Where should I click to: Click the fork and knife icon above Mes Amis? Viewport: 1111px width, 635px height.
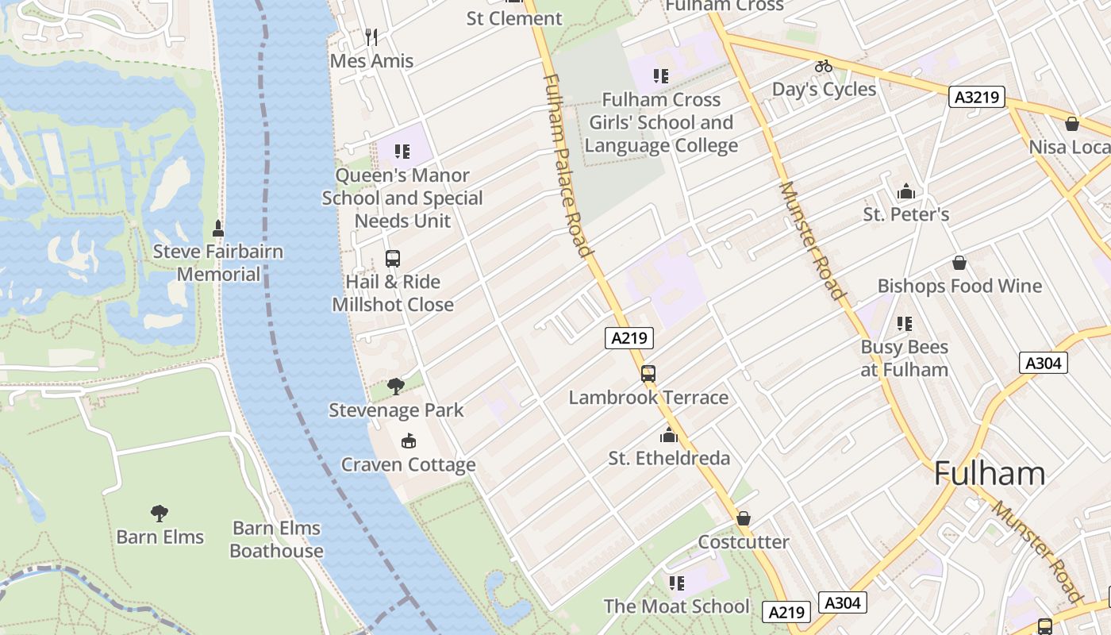[x=371, y=37]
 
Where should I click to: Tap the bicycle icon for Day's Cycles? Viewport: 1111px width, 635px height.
[x=824, y=66]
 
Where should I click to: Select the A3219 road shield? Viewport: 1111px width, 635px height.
[x=977, y=98]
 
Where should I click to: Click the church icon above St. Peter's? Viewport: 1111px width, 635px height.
[x=905, y=191]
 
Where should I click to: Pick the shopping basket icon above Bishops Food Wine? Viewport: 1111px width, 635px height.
[x=959, y=263]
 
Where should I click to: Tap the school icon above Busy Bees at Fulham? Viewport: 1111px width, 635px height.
[x=904, y=324]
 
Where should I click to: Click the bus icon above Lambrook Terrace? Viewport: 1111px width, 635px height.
[x=648, y=374]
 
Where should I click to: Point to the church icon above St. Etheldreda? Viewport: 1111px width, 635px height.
[x=669, y=435]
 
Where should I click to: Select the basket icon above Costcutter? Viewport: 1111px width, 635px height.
[x=744, y=519]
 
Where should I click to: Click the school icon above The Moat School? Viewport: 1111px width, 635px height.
[x=676, y=583]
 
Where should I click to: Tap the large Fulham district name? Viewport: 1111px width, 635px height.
[x=990, y=474]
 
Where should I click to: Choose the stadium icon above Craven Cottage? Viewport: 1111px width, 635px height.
[x=409, y=441]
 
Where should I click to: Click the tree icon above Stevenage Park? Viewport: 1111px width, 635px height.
[x=395, y=387]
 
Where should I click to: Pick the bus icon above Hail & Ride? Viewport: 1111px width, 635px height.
[x=393, y=258]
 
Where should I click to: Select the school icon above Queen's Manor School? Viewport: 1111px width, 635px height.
[x=402, y=151]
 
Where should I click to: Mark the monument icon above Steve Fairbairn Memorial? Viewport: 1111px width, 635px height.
[x=218, y=229]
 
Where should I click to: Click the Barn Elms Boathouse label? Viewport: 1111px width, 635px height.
[x=276, y=539]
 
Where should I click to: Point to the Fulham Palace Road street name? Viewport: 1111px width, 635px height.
[x=569, y=165]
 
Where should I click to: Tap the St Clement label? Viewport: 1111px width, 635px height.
[x=513, y=18]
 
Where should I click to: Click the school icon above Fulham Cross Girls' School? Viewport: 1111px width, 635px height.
[x=661, y=76]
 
